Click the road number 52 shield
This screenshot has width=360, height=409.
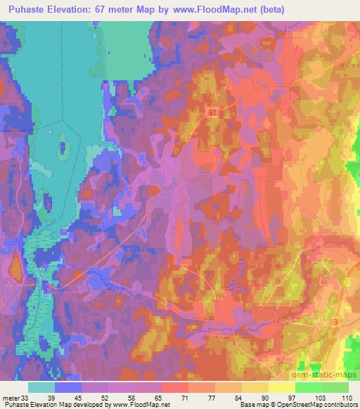212,111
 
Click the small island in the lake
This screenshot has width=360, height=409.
63,147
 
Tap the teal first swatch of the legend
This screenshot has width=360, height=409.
41,387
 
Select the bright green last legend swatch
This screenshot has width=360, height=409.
335,387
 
